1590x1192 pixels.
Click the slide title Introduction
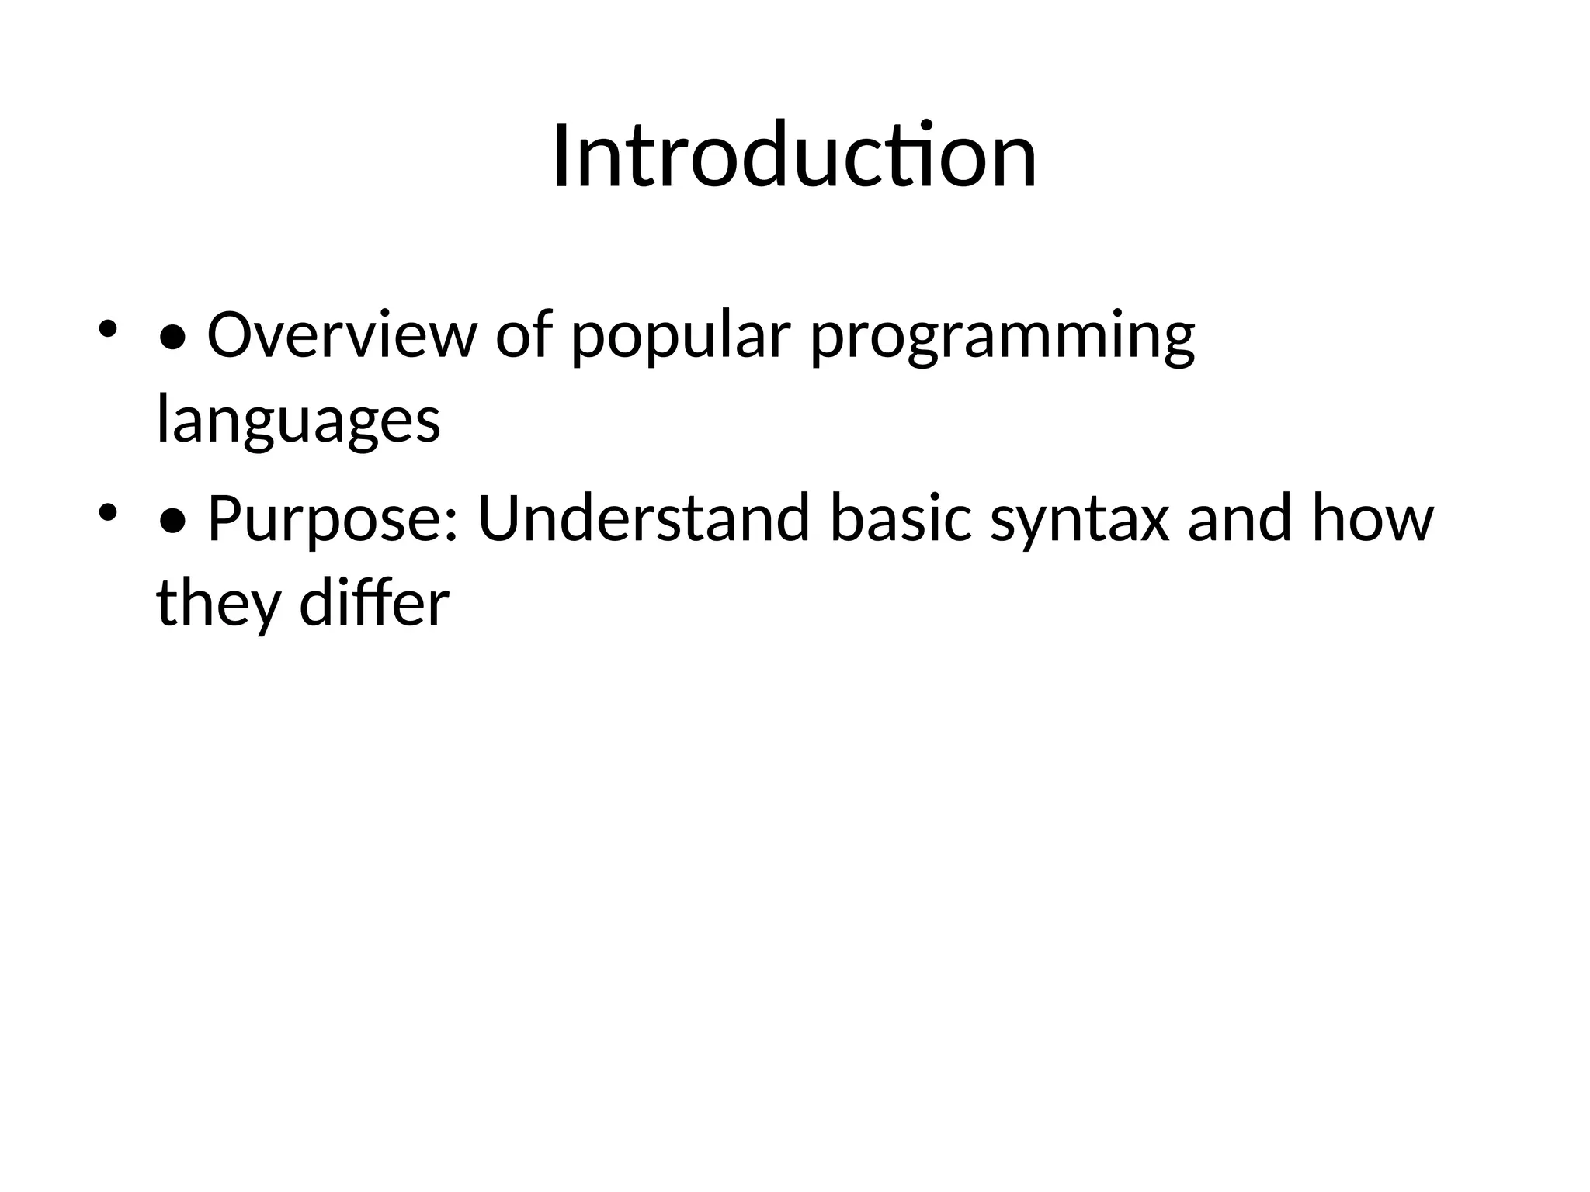pyautogui.click(x=794, y=157)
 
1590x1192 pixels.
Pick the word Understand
pyautogui.click(x=644, y=518)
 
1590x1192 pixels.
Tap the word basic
pyautogui.click(x=901, y=518)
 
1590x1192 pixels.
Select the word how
pyautogui.click(x=1373, y=518)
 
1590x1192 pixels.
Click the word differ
pyautogui.click(x=374, y=603)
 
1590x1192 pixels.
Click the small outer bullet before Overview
pyautogui.click(x=107, y=328)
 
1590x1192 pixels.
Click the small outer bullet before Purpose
pyautogui.click(x=107, y=511)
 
